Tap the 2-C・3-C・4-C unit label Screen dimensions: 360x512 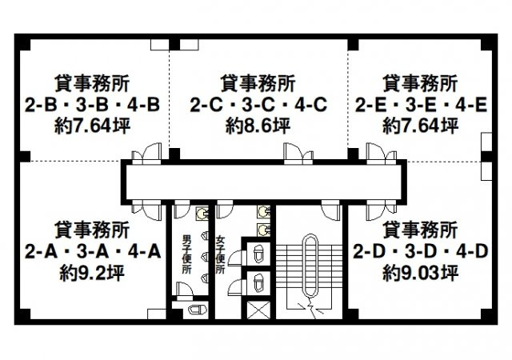(x=256, y=104)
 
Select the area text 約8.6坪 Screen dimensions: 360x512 (x=256, y=126)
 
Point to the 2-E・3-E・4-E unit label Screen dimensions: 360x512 (x=420, y=104)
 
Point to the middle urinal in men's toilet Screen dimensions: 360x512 (x=206, y=256)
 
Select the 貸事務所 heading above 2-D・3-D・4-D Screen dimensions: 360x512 (x=420, y=230)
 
